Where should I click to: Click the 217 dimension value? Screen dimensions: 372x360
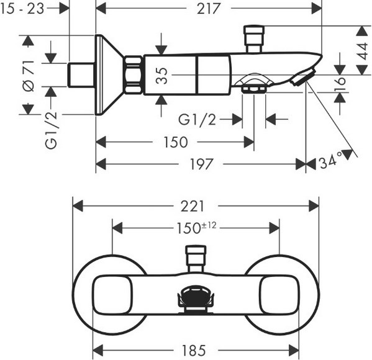pyautogui.click(x=208, y=9)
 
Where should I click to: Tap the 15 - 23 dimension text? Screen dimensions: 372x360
pyautogui.click(x=22, y=9)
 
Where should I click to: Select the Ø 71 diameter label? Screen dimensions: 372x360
pyautogui.click(x=29, y=76)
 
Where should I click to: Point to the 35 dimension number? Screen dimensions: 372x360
pyautogui.click(x=162, y=76)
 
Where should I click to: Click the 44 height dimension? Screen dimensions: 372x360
pyautogui.click(x=363, y=52)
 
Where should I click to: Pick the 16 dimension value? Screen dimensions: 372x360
pyautogui.click(x=340, y=84)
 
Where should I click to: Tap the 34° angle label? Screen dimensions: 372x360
pyautogui.click(x=330, y=162)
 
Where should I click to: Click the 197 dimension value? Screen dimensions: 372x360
pyautogui.click(x=201, y=164)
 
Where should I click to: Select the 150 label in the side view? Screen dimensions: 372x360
pyautogui.click(x=176, y=142)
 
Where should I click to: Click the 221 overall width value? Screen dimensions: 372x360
pyautogui.click(x=193, y=206)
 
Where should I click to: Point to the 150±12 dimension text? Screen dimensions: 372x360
pyautogui.click(x=197, y=228)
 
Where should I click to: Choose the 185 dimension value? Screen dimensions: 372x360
pyautogui.click(x=194, y=351)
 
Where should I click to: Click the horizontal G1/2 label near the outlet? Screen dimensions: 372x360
pyautogui.click(x=197, y=119)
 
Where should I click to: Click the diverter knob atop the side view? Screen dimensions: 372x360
pyautogui.click(x=254, y=38)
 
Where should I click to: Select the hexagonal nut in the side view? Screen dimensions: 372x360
pyautogui.click(x=134, y=74)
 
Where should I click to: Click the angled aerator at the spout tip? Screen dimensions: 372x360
pyautogui.click(x=303, y=76)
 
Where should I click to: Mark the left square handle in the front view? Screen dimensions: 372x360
pyautogui.click(x=112, y=295)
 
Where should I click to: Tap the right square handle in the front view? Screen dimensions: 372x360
pyautogui.click(x=279, y=295)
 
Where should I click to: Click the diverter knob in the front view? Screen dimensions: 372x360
pyautogui.click(x=196, y=259)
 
